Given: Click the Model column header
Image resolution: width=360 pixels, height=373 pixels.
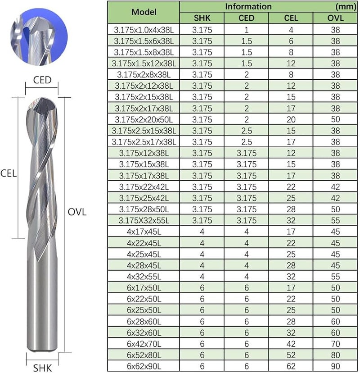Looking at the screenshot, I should point(144,12).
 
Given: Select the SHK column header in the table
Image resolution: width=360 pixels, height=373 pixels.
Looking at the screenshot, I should point(202,18).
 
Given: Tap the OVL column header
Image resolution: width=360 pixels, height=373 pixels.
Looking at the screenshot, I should point(335,18).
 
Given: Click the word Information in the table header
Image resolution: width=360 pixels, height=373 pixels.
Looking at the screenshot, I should point(248,6).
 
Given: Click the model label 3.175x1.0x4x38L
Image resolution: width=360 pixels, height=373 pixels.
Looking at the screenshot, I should point(144,29).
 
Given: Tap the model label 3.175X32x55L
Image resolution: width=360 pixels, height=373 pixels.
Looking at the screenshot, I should point(144,220).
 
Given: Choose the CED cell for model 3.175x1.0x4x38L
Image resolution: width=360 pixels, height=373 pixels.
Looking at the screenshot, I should point(246,29).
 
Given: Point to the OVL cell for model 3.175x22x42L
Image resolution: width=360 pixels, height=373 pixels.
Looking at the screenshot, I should point(335,186).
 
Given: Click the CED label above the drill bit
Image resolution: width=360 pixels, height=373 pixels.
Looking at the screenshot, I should point(42,81).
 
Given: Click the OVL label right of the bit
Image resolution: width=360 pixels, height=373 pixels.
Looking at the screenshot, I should point(76,212).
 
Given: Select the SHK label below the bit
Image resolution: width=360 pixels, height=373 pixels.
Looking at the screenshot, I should point(42,368).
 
